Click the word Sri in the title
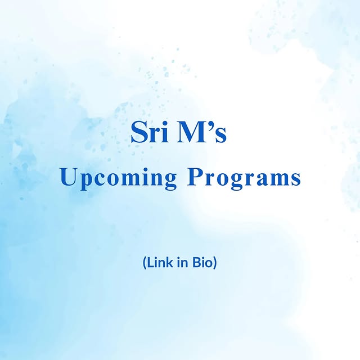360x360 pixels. point(149,132)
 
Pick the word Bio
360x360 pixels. point(201,263)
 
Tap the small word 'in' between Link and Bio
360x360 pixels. point(182,263)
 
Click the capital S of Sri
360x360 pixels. point(138,132)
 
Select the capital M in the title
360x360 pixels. point(191,132)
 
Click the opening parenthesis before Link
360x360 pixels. point(145,263)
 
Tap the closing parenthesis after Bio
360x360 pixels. point(214,263)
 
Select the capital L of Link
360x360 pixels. point(150,263)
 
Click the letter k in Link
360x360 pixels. point(170,263)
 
